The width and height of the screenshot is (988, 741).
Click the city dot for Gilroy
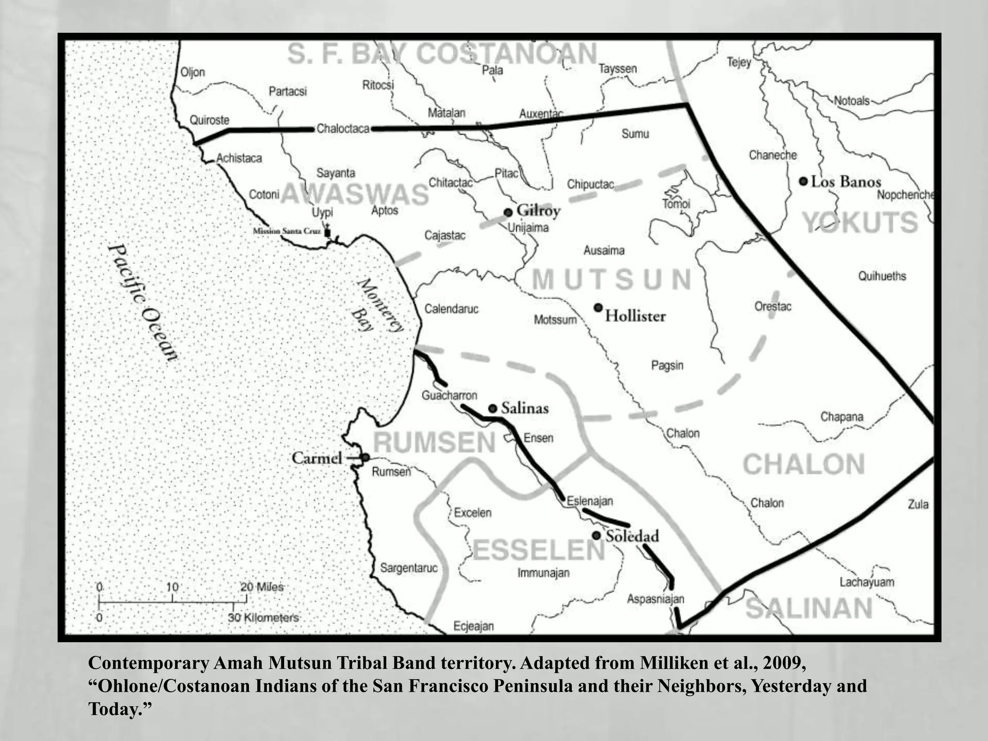point(508,212)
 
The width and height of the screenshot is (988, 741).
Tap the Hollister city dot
point(598,307)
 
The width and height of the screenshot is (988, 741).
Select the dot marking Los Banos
point(803,181)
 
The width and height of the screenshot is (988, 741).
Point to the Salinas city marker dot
point(493,409)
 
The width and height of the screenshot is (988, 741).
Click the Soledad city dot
point(596,535)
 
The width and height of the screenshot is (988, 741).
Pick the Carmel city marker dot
point(366,457)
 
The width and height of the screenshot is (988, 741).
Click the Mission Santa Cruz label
point(287,231)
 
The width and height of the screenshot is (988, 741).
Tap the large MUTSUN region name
point(612,279)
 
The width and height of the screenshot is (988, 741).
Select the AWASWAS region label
point(355,194)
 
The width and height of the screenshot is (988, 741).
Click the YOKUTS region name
point(860,222)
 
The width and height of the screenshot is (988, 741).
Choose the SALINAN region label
point(809,608)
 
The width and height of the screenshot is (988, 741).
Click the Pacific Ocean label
point(143,303)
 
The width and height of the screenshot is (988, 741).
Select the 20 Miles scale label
point(262,587)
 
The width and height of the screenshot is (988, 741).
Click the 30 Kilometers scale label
point(263,617)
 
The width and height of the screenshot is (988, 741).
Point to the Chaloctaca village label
point(343,129)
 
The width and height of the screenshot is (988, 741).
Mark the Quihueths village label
point(882,276)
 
